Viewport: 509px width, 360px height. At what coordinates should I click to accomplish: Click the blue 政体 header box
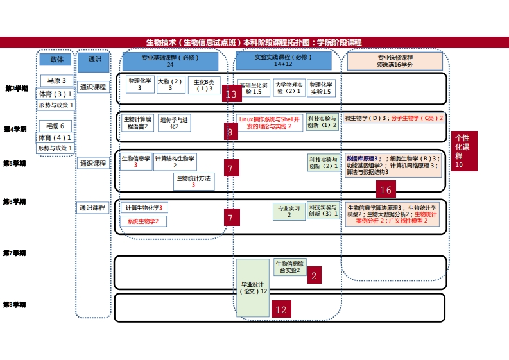[x=55, y=59]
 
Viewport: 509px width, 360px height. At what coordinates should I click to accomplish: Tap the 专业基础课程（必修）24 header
[x=170, y=61]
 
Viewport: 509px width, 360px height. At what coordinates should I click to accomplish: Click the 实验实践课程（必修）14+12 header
[x=283, y=61]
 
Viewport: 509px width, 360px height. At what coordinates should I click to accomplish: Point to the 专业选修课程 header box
[x=395, y=61]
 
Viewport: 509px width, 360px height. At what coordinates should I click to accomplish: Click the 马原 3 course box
[x=56, y=80]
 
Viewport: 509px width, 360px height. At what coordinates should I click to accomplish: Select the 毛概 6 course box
[x=56, y=126]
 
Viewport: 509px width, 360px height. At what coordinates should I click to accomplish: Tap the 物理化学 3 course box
[x=139, y=84]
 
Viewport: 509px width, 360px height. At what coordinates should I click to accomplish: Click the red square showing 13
[x=231, y=94]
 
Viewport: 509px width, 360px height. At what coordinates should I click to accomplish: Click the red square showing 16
[x=386, y=189]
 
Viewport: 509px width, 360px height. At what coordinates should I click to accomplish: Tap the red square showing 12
[x=281, y=309]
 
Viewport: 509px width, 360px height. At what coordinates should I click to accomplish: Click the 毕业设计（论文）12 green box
[x=253, y=287]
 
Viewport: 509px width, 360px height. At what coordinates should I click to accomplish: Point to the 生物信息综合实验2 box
[x=290, y=266]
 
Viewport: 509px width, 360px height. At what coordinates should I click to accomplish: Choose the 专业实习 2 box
[x=288, y=212]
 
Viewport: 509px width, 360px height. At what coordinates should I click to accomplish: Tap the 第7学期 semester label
[x=15, y=253]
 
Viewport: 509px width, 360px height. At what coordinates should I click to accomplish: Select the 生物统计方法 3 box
[x=194, y=182]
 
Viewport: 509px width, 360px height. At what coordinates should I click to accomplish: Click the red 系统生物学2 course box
[x=142, y=221]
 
